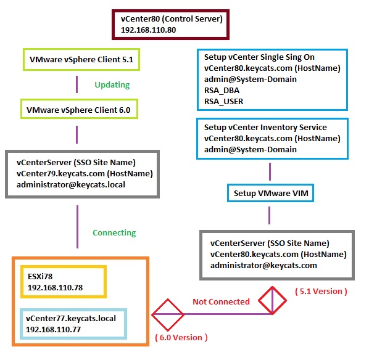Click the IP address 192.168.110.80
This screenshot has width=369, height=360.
coord(148,30)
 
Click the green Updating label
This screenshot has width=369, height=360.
coord(112,85)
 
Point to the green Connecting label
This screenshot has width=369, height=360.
coord(114,233)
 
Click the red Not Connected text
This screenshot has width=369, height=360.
coord(221,301)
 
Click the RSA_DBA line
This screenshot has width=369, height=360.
coord(222,90)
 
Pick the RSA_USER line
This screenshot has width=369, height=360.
coord(223,101)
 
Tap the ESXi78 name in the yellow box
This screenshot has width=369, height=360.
coord(40,276)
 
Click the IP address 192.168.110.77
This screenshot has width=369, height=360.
coord(53,329)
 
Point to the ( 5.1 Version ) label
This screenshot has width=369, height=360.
coord(321,292)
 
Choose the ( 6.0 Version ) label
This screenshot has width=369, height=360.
coord(181,337)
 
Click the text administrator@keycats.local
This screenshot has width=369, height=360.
coord(71,184)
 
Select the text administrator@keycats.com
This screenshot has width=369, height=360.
coord(263,266)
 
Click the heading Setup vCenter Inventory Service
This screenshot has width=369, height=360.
coord(265,127)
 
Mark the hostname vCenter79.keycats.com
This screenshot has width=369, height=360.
coord(60,174)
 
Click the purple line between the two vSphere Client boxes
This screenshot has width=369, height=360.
coord(77,84)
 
